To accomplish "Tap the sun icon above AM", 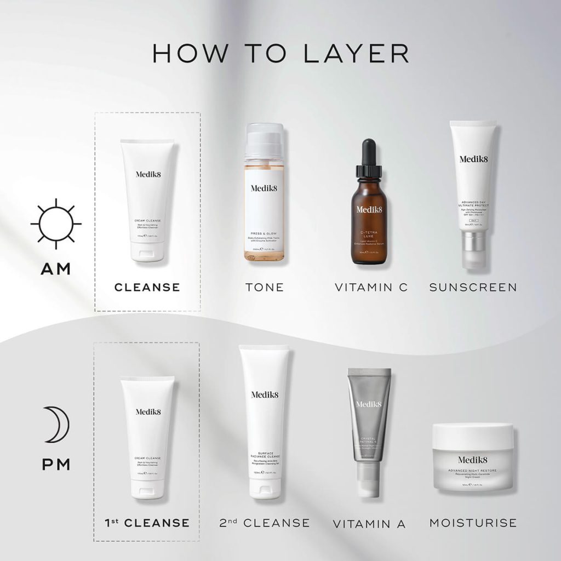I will coord(56,224).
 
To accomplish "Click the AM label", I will coord(56,269).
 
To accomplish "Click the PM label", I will coord(56,465).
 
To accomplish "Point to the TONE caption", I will coord(265,287).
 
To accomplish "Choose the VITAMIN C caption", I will coord(371,287).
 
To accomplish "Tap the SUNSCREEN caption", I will coord(473,287).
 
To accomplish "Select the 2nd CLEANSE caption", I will coord(265,523).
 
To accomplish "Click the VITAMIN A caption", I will coord(369,524).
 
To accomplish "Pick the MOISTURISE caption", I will coord(473,523).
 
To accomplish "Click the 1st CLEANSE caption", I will coord(147,523).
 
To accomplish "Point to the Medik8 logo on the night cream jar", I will coord(472,459).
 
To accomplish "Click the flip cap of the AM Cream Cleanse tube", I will coord(147,254).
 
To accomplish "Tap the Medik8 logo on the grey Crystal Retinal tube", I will coord(369,404).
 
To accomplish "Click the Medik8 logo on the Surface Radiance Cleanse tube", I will coord(265,394).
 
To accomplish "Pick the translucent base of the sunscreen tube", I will coord(473,249).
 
